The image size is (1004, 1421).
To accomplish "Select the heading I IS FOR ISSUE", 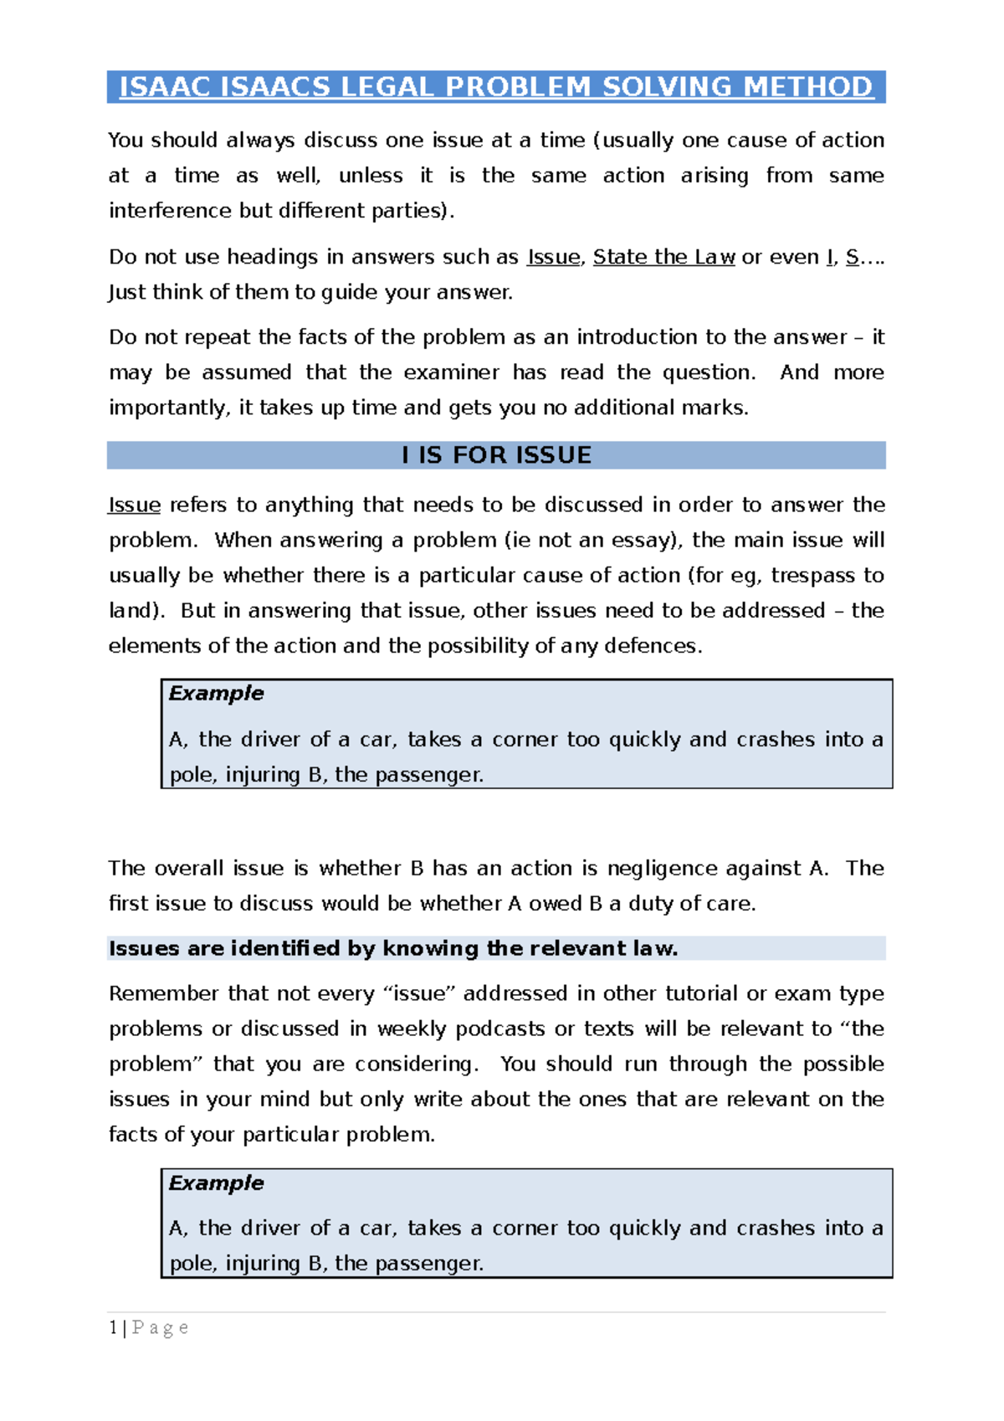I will pyautogui.click(x=496, y=455).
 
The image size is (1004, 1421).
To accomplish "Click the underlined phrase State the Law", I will pyautogui.click(x=663, y=257).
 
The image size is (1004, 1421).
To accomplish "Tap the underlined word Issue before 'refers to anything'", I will pyautogui.click(x=135, y=505).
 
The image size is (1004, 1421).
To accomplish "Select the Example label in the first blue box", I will pyautogui.click(x=216, y=693).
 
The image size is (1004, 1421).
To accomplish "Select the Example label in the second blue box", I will pyautogui.click(x=216, y=1182).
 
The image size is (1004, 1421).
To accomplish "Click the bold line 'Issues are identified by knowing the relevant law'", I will pyautogui.click(x=393, y=948).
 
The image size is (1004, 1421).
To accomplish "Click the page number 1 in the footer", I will pyautogui.click(x=113, y=1328).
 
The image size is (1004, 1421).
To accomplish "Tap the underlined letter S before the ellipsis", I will pyautogui.click(x=852, y=257).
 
